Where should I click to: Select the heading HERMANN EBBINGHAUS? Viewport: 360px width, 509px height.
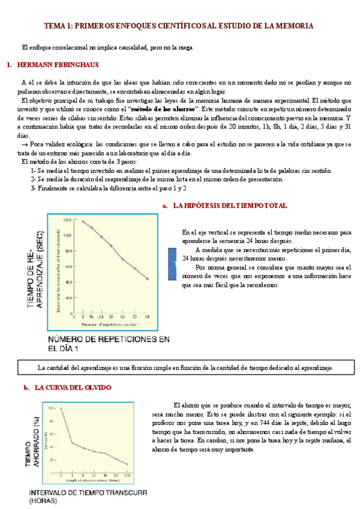tap(54, 64)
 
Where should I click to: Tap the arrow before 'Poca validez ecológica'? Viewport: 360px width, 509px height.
tap(24, 145)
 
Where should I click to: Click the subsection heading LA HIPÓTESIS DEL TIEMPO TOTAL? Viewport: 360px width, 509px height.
tap(230, 205)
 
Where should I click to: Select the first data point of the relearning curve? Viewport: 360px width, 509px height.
tap(83, 221)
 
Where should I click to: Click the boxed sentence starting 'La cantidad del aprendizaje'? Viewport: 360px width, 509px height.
tap(185, 367)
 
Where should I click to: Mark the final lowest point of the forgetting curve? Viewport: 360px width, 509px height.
tap(127, 463)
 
